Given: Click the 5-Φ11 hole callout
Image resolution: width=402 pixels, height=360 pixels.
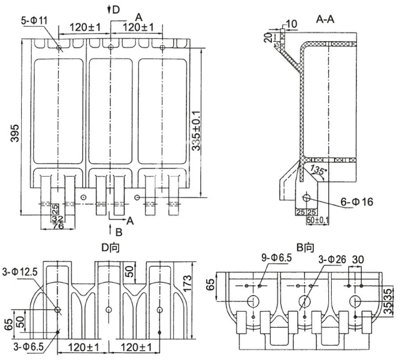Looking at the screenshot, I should pos(34,21).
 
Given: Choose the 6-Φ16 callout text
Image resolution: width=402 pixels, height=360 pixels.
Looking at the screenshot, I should pos(356,202).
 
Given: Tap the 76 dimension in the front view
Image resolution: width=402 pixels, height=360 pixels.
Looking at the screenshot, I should pos(58,226).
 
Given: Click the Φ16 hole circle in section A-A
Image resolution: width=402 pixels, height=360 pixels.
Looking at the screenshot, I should pos(307,198).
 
